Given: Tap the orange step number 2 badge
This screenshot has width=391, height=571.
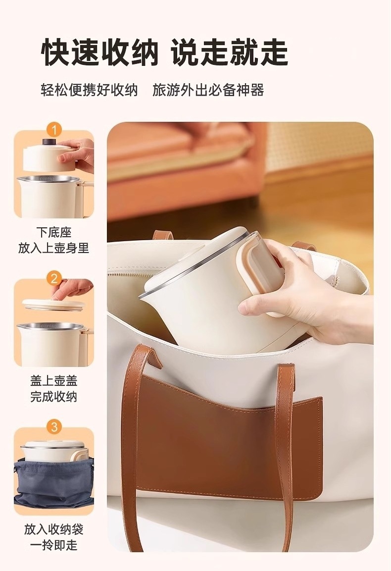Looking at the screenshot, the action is coord(54,279).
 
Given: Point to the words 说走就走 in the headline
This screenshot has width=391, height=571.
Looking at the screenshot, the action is coord(230,53).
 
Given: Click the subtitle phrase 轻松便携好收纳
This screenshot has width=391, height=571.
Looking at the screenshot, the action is coord(89,90).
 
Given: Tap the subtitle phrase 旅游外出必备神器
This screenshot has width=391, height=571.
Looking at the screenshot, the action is coord(208,90).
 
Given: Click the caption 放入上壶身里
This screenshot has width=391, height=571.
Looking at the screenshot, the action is coord(54,248).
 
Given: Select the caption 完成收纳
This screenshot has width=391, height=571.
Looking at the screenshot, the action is coord(54,397).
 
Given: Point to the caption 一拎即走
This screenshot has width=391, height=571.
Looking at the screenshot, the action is coord(54,545).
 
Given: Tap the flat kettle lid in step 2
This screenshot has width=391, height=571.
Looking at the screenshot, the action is coord(54,304).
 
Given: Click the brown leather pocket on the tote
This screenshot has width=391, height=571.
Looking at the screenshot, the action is coord(229,437).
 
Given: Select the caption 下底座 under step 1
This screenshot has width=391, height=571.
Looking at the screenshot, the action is coord(54,232).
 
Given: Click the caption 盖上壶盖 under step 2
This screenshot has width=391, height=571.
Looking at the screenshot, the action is coord(54,381).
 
